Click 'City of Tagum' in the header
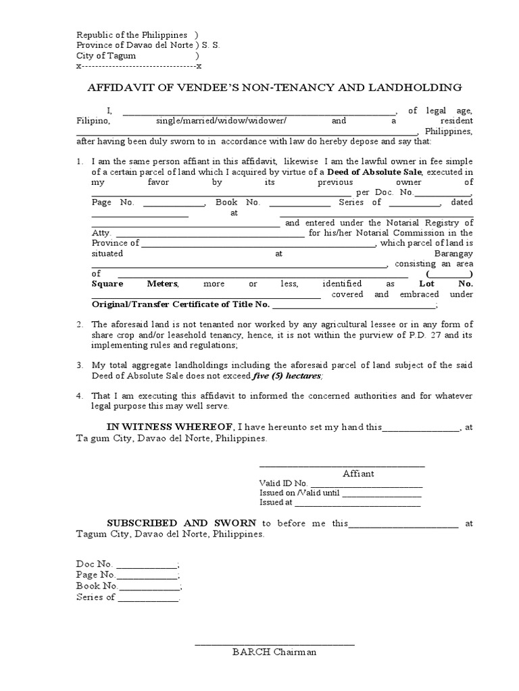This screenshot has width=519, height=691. pos(106,56)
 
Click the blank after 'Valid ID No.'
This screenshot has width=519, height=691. pos(366,483)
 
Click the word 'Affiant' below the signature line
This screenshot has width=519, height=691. pos(358,474)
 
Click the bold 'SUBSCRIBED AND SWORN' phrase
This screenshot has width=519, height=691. pos(182,523)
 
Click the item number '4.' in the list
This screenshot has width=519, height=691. pos(79,396)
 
